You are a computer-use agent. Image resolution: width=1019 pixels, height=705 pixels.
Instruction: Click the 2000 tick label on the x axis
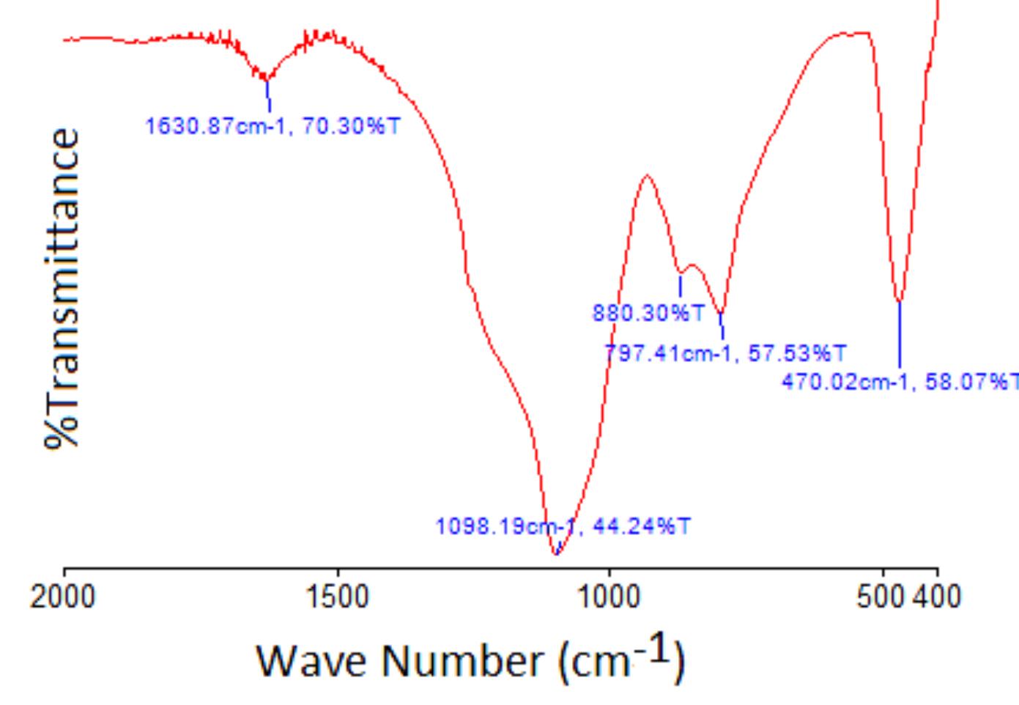63,597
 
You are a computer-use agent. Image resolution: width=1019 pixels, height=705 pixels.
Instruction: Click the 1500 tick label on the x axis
338,597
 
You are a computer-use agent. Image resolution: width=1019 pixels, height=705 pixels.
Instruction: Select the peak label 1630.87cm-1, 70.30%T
273,127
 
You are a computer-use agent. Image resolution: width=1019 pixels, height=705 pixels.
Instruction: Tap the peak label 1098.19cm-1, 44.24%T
563,527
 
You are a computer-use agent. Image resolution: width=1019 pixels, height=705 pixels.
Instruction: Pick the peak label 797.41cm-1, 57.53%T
725,354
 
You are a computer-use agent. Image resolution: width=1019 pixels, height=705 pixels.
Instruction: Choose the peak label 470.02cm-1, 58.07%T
900,382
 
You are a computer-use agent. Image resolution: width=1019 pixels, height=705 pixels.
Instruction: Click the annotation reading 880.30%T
648,314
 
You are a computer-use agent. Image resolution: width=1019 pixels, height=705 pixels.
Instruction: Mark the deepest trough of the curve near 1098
555,554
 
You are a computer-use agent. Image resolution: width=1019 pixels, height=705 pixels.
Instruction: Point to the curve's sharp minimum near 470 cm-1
900,301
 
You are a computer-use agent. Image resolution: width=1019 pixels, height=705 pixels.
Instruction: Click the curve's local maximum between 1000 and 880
647,175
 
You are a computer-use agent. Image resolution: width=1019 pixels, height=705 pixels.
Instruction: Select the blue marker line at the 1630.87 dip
269,95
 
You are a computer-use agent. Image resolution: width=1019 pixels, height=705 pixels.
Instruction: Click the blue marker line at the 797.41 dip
722,326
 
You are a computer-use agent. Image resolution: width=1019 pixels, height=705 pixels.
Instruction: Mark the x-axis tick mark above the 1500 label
338,572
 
